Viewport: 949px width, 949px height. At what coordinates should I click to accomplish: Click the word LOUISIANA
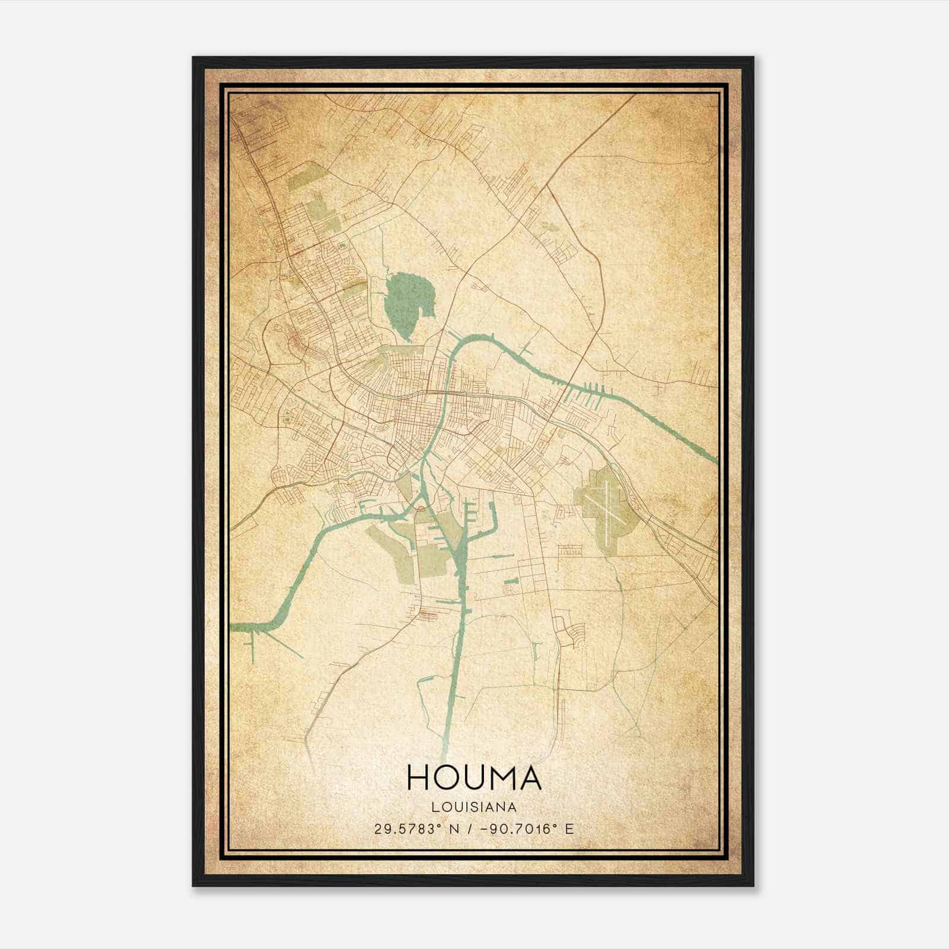coord(474,807)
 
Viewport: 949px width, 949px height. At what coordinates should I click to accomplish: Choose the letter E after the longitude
coord(569,829)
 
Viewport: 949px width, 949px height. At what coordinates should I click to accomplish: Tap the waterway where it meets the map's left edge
coord(233,627)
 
